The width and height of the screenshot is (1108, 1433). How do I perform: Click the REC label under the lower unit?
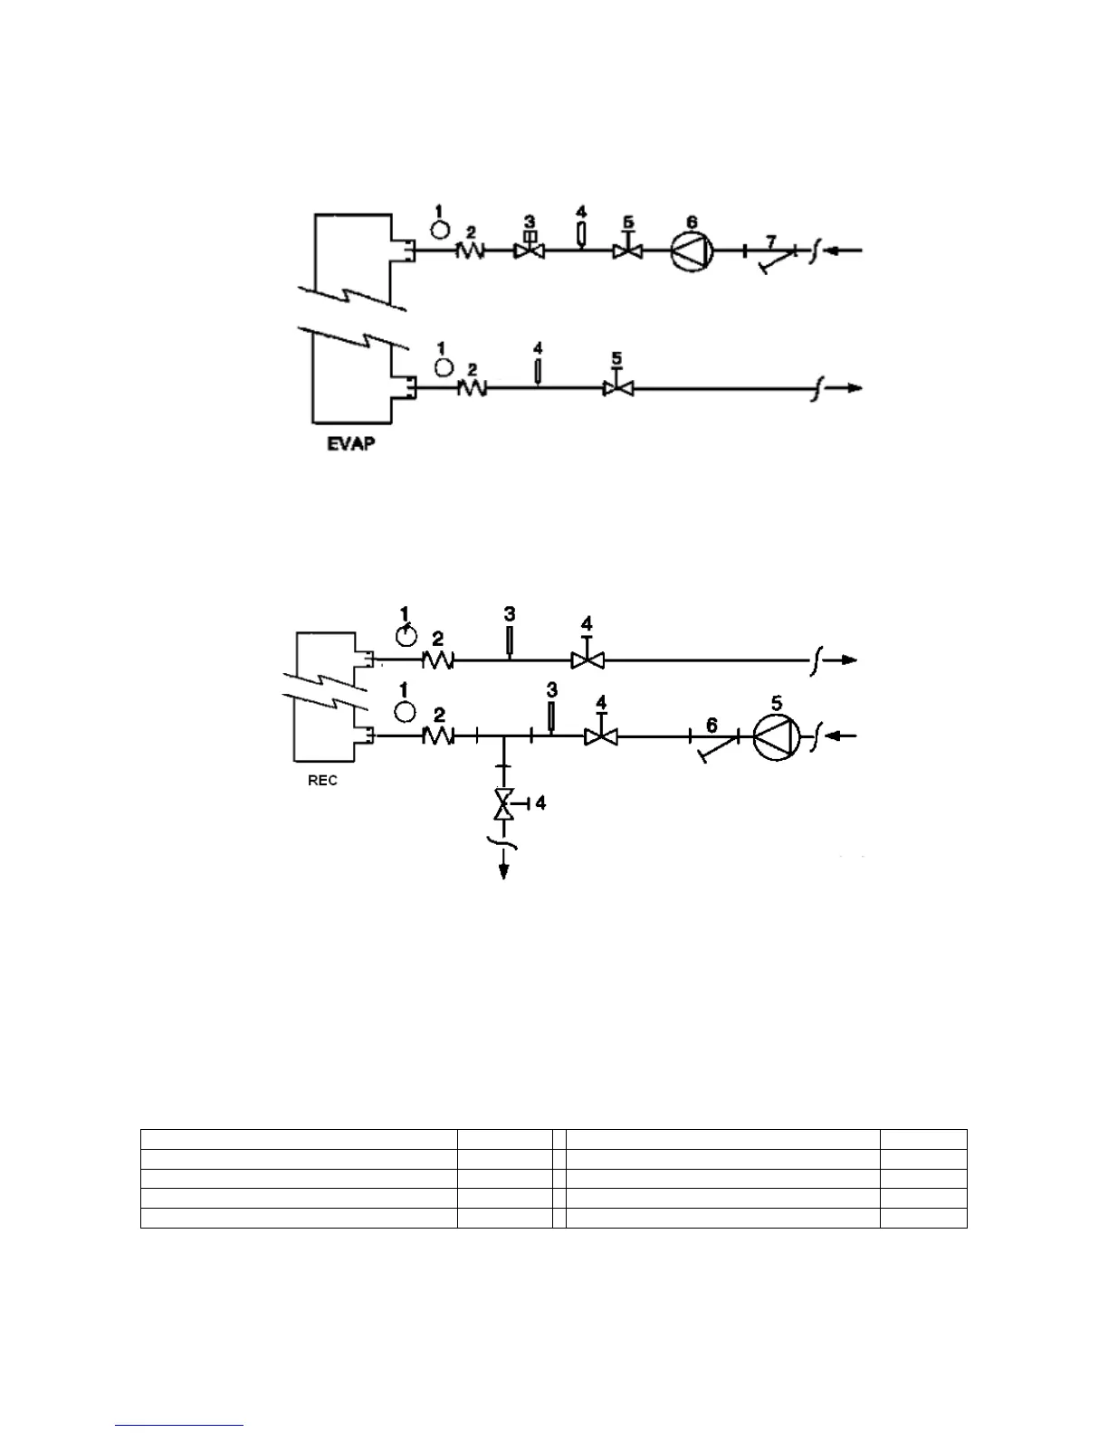coord(322,781)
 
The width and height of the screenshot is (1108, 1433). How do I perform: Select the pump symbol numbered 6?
coord(692,251)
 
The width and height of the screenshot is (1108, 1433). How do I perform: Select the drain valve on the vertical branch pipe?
coord(503,803)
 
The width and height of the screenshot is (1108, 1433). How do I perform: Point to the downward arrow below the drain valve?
coord(503,868)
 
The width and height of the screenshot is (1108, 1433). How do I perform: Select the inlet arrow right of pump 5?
coord(844,737)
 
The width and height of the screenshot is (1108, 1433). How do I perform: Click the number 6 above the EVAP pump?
coord(692,222)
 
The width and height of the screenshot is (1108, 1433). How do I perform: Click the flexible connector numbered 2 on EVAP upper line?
coord(470,251)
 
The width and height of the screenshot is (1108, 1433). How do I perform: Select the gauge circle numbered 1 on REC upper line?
coord(406,636)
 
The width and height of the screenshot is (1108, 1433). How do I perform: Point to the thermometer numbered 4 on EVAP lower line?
coord(538,371)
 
